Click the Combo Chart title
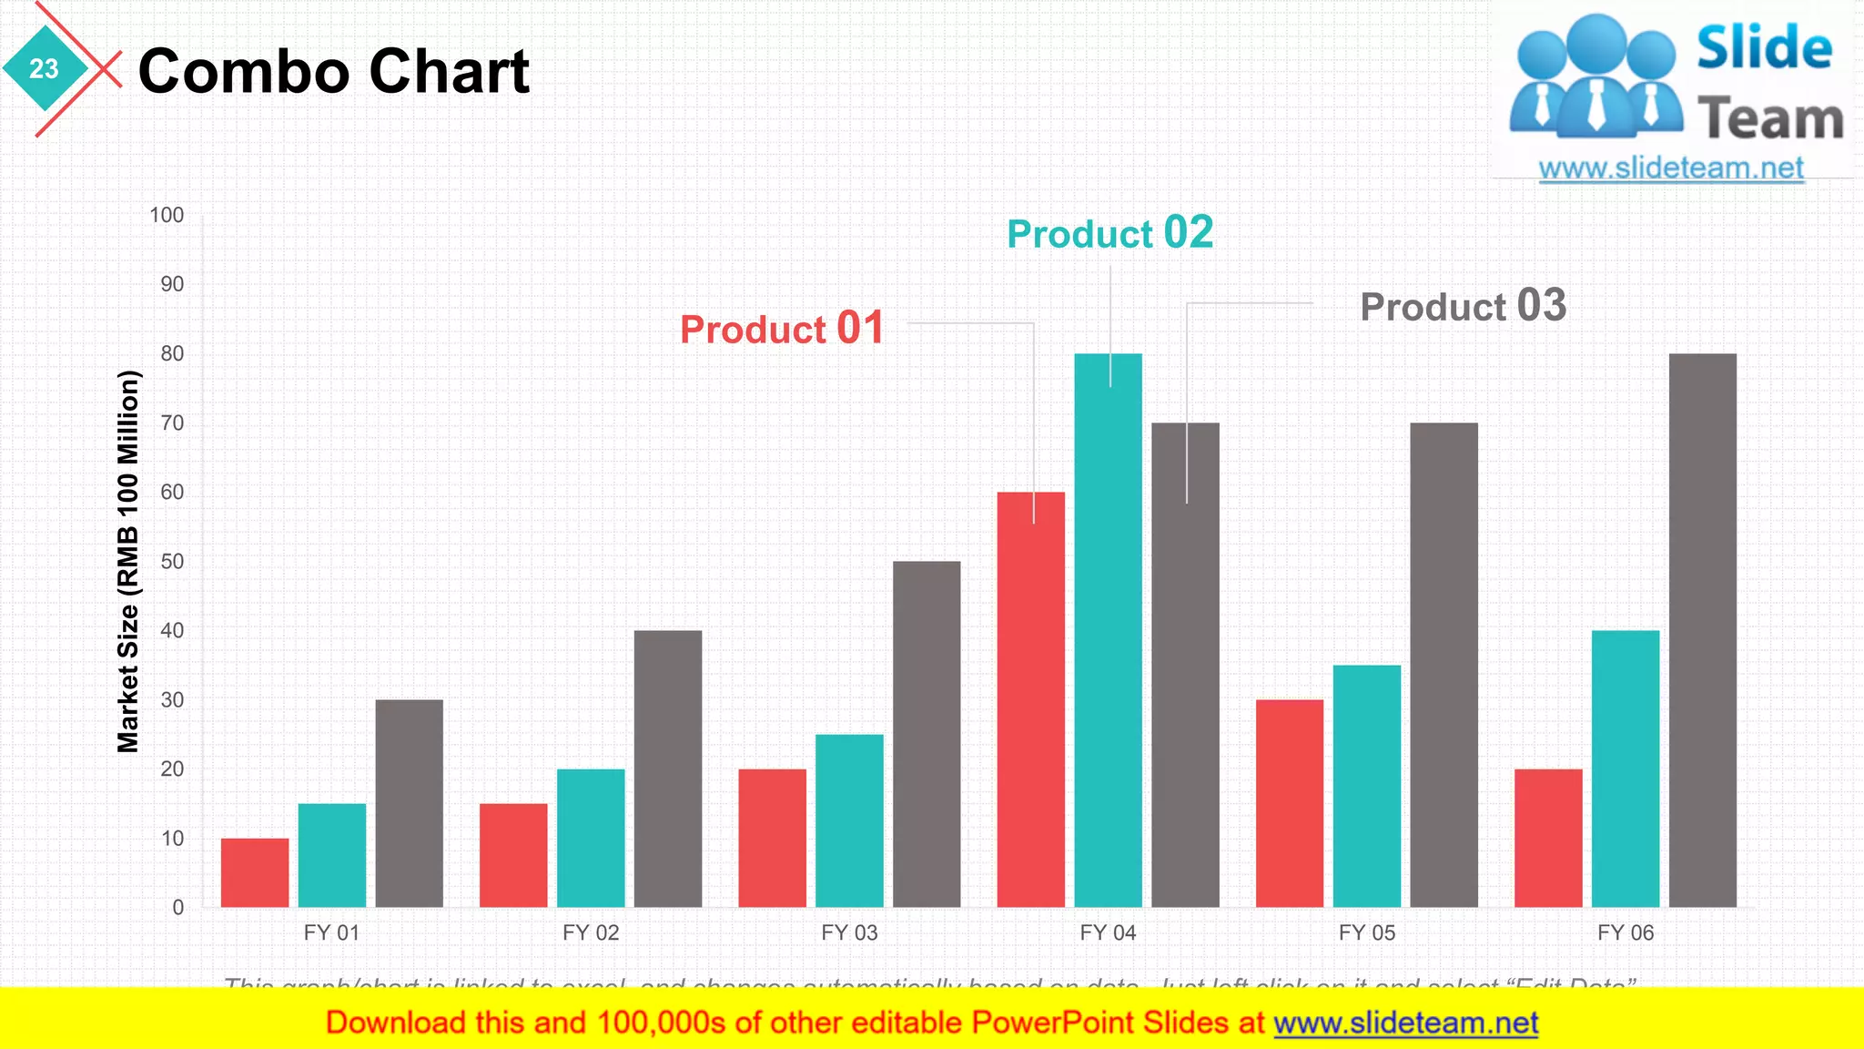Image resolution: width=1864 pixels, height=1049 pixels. click(333, 71)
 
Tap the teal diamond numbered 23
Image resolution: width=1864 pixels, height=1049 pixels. click(44, 68)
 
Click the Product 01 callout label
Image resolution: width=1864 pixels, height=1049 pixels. click(782, 328)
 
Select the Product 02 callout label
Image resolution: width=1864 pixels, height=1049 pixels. click(1109, 233)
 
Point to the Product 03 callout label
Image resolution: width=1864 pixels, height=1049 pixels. click(1463, 306)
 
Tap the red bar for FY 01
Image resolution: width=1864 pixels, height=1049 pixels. click(255, 872)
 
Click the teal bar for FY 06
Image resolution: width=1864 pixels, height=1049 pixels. click(1625, 769)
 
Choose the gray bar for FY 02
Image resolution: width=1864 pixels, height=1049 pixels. click(667, 769)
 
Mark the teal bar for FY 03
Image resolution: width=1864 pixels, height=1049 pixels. click(848, 820)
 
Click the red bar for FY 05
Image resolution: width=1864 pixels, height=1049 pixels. click(1289, 803)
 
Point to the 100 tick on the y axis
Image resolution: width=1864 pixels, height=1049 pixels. click(167, 215)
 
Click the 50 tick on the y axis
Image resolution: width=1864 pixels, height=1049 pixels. click(172, 561)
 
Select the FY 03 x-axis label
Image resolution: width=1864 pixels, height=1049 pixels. click(848, 932)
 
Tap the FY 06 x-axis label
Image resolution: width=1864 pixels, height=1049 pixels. click(1625, 932)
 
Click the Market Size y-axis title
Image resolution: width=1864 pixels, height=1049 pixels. click(128, 561)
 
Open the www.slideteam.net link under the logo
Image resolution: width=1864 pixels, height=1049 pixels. click(1670, 168)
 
